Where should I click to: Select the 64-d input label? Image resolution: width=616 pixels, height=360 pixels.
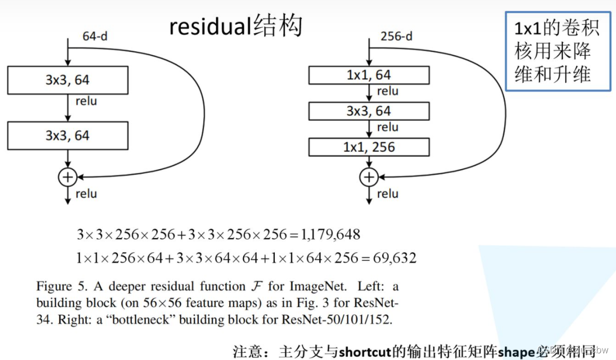[95, 36]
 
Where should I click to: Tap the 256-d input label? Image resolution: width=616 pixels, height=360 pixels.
[396, 36]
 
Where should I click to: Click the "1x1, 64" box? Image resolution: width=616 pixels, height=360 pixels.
[369, 75]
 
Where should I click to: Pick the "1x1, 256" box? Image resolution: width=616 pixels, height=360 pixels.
[369, 147]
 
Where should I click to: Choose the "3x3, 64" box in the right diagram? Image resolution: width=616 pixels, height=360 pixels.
[369, 111]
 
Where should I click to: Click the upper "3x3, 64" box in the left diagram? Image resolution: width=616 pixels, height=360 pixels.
[67, 80]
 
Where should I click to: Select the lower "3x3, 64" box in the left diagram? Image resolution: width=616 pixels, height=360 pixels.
[67, 135]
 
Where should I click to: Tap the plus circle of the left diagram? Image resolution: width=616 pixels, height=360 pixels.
[67, 177]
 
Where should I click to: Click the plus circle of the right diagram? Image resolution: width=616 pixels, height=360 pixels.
[369, 177]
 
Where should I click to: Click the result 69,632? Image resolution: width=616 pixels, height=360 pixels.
[393, 258]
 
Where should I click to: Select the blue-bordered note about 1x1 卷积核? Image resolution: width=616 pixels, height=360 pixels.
[558, 52]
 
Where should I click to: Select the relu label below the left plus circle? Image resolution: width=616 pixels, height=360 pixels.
[86, 194]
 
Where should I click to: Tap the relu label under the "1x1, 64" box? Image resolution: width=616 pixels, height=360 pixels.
[387, 91]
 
